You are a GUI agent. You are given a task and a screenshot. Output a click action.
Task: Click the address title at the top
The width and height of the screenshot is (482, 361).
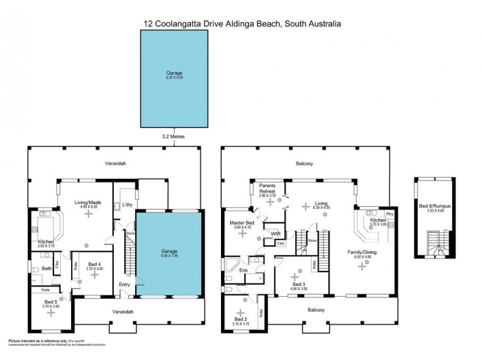click(x=241, y=23)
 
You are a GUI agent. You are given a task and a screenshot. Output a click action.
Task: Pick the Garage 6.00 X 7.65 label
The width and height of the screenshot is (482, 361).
click(x=169, y=253)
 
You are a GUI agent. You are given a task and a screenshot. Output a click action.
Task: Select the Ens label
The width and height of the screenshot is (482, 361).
click(x=243, y=271)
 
